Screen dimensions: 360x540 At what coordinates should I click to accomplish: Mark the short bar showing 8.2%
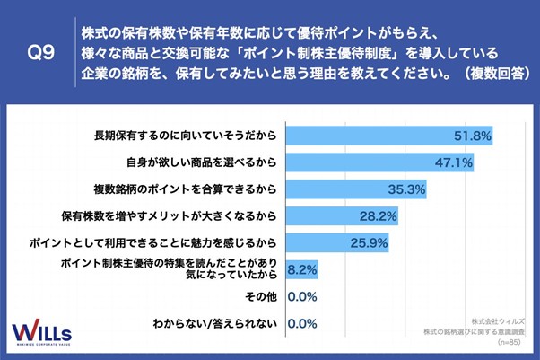click(x=291, y=268)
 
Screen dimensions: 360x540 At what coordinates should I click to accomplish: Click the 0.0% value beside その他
click(x=301, y=295)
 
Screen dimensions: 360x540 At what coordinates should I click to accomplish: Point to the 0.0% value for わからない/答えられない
click(x=301, y=322)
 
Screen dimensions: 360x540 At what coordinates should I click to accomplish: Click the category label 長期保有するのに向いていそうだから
click(x=183, y=136)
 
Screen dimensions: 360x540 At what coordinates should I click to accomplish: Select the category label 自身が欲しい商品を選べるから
click(x=201, y=162)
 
